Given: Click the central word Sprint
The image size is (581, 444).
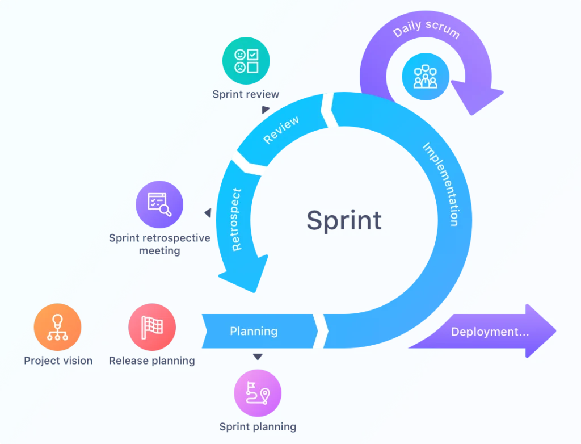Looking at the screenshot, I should pyautogui.click(x=344, y=220).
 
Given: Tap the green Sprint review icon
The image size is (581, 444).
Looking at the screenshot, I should pyautogui.click(x=246, y=61).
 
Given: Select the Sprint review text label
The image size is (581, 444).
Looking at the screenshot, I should pyautogui.click(x=246, y=94).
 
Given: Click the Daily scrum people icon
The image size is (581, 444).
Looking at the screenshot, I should pyautogui.click(x=426, y=77).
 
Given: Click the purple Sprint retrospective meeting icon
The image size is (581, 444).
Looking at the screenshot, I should pyautogui.click(x=159, y=204).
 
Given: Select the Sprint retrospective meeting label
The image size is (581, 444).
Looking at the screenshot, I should pyautogui.click(x=159, y=244).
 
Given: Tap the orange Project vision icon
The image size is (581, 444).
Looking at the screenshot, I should pyautogui.click(x=57, y=328).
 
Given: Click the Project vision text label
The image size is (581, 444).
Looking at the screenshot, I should pyautogui.click(x=58, y=361).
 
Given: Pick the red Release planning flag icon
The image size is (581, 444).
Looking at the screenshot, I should pyautogui.click(x=152, y=328).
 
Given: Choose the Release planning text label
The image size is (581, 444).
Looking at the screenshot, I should pyautogui.click(x=151, y=361).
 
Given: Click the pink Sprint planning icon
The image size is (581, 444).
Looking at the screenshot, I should pyautogui.click(x=258, y=394).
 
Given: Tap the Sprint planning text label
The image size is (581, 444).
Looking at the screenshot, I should pyautogui.click(x=258, y=426).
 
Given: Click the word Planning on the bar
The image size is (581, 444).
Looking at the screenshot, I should pyautogui.click(x=254, y=331).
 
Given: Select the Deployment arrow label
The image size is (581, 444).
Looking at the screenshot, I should pyautogui.click(x=490, y=332).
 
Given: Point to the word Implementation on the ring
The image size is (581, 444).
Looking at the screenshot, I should pyautogui.click(x=440, y=185).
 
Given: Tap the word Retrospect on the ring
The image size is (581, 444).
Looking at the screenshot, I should pyautogui.click(x=237, y=219).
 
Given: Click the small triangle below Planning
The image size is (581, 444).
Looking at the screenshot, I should pyautogui.click(x=258, y=357).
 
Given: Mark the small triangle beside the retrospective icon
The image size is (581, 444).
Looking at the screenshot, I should pyautogui.click(x=208, y=213).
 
